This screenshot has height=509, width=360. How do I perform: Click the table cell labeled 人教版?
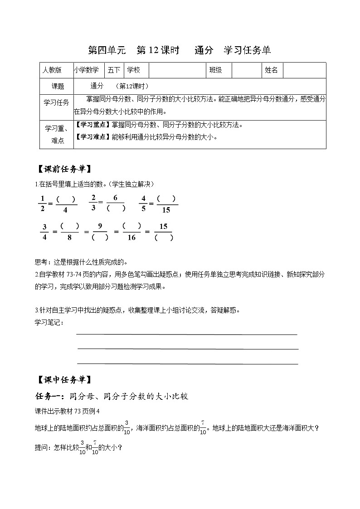point(52,70)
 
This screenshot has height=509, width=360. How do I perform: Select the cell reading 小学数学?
point(86,70)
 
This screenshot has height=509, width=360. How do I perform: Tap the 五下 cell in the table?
point(114,70)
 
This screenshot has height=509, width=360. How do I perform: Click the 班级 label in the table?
point(215,70)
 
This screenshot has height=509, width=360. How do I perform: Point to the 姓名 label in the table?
point(271,70)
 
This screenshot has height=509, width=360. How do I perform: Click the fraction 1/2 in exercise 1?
point(43,203)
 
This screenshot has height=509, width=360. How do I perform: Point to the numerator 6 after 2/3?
point(116,198)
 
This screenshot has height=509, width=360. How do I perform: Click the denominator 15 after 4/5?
point(166,210)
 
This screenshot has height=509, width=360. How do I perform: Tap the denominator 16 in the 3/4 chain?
point(131,238)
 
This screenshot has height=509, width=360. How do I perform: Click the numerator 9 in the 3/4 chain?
point(100,226)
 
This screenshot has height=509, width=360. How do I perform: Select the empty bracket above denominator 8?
point(69,226)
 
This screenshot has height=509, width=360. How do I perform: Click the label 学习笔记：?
point(49,322)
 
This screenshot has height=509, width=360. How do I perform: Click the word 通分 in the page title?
point(204,50)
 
